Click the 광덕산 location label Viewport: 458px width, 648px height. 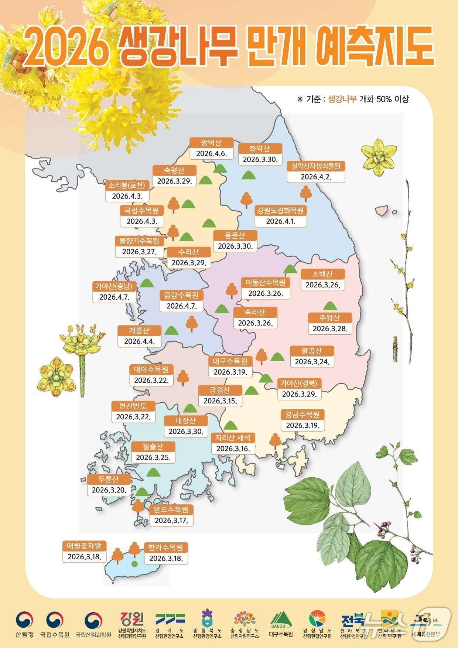point(211,143)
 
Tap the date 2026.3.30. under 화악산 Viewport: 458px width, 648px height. point(260,159)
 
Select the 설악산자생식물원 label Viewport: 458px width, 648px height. point(316,166)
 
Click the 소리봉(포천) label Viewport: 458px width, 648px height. point(127,185)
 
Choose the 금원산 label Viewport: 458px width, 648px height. point(220,390)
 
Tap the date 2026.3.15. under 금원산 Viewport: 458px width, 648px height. point(220,401)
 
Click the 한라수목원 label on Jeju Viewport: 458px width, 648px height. point(165,548)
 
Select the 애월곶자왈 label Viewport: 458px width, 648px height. point(84,546)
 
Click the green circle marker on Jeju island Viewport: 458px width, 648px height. point(134,564)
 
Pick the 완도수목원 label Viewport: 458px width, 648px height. point(171,510)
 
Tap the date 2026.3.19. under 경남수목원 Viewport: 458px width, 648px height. point(303,425)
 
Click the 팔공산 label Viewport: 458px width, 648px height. point(312,351)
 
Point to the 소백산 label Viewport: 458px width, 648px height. point(322,274)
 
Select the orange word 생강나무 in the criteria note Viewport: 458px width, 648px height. point(342,99)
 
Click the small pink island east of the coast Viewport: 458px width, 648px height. point(381,210)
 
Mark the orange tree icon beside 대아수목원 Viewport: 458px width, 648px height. point(183,378)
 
